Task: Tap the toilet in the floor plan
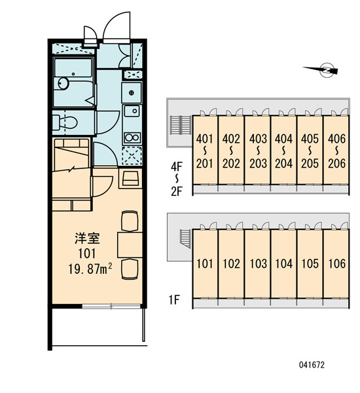click(x=65, y=122)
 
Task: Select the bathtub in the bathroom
click(x=73, y=68)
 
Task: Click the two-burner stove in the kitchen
click(x=132, y=138)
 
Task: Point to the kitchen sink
click(x=132, y=111)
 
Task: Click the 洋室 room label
click(x=87, y=238)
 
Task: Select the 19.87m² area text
click(x=90, y=269)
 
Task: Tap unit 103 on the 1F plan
click(x=258, y=264)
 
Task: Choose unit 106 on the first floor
click(x=336, y=264)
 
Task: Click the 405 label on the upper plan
click(x=310, y=139)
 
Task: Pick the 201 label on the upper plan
click(x=204, y=164)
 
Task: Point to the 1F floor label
click(x=174, y=299)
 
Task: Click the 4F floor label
click(x=177, y=166)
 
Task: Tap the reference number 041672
click(x=312, y=365)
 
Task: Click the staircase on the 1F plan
click(x=185, y=238)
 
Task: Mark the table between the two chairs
click(x=130, y=245)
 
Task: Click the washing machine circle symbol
click(x=132, y=93)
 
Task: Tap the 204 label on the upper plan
click(x=283, y=164)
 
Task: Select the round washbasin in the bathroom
click(x=63, y=83)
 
